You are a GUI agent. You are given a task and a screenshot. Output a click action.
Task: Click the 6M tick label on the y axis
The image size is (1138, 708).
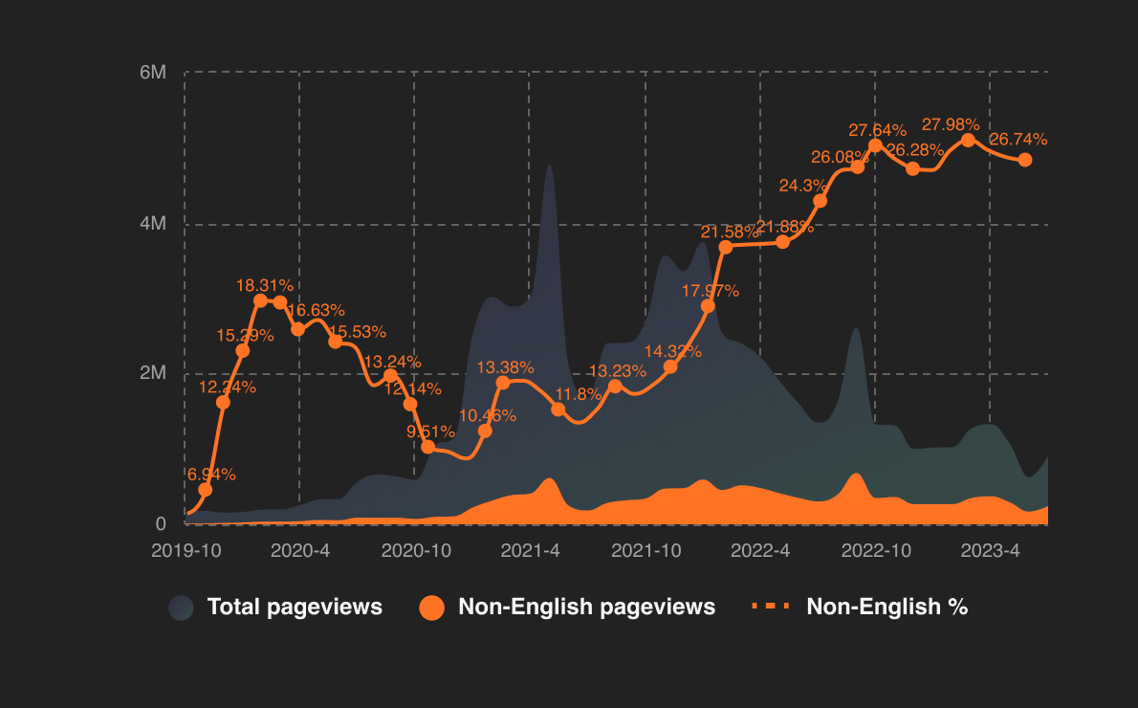click(153, 73)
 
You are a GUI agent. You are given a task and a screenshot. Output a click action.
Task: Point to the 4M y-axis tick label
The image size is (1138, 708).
click(153, 224)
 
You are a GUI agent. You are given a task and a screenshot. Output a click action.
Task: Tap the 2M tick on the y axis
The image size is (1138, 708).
click(153, 373)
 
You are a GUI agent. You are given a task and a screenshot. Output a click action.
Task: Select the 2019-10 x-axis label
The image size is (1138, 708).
click(186, 551)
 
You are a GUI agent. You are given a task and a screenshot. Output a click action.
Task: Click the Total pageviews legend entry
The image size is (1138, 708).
click(276, 607)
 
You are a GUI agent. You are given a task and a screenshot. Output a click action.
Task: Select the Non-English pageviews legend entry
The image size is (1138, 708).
click(568, 607)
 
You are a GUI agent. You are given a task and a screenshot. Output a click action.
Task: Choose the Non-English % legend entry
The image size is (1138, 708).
click(860, 607)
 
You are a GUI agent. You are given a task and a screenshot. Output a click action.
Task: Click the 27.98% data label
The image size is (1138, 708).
click(951, 124)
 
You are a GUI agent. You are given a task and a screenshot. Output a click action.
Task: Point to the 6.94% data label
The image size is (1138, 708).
click(210, 475)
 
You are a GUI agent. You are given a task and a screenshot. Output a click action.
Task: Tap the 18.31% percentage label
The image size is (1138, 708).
click(265, 285)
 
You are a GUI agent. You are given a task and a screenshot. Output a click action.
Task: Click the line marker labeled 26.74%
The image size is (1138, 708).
click(1025, 160)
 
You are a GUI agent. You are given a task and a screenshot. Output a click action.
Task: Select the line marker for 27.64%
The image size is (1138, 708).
click(876, 145)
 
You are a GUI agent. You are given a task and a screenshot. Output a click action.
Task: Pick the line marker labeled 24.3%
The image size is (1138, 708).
click(820, 201)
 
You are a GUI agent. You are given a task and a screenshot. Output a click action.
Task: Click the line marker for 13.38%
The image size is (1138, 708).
click(503, 383)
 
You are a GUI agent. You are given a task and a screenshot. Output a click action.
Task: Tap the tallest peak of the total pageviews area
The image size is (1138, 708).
click(549, 166)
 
